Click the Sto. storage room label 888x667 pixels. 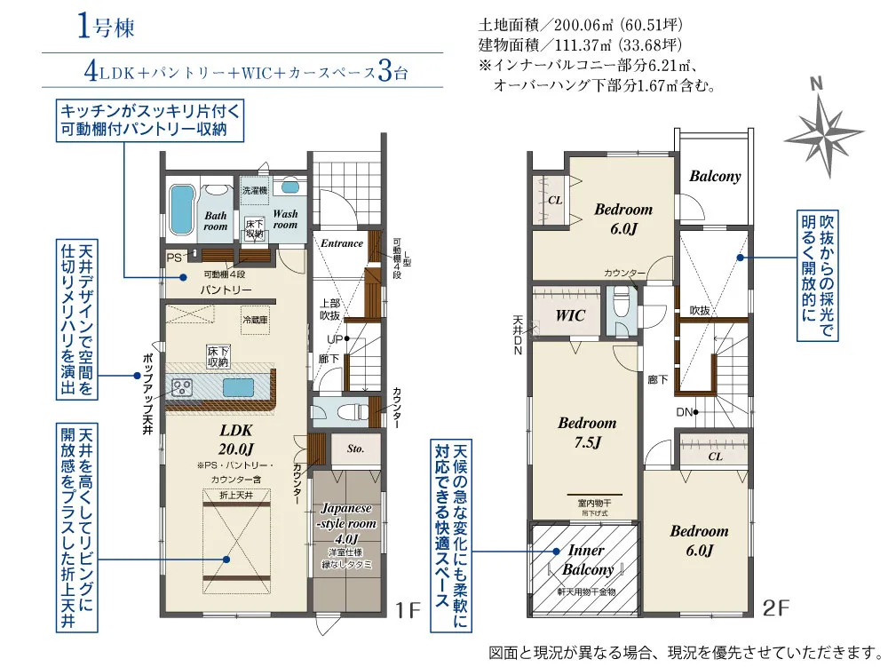(x=355, y=449)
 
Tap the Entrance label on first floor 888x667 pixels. (x=342, y=243)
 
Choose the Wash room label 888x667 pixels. (x=285, y=219)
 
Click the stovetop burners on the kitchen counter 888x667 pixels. (x=183, y=387)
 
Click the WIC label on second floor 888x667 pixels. (x=568, y=315)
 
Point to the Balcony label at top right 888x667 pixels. (x=715, y=176)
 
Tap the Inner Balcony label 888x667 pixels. (x=585, y=560)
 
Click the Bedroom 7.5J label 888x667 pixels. (x=587, y=433)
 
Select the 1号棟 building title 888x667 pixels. (x=105, y=27)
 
